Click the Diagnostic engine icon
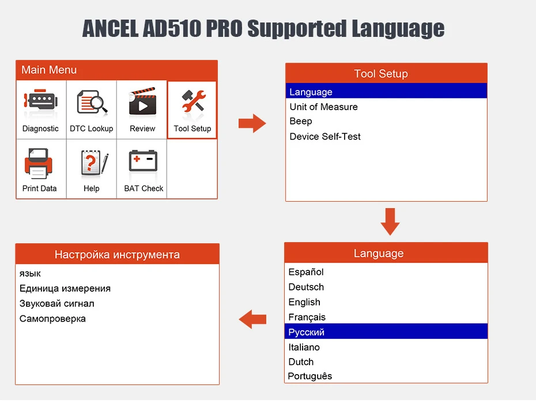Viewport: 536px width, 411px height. click(40, 103)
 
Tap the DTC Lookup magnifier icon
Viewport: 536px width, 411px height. click(92, 103)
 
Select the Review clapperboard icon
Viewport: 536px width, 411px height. click(142, 103)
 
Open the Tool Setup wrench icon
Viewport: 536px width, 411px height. click(192, 103)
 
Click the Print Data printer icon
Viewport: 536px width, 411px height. click(39, 164)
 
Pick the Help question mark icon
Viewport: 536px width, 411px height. click(92, 164)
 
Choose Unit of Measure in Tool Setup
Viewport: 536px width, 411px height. click(323, 107)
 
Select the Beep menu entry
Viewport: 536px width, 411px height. click(301, 121)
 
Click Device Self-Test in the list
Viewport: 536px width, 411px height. click(325, 137)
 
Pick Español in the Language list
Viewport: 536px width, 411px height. click(306, 272)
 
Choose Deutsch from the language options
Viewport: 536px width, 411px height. click(306, 287)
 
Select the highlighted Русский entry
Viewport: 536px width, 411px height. click(307, 332)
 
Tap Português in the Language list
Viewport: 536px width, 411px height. click(310, 376)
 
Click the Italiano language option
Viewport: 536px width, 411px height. click(304, 347)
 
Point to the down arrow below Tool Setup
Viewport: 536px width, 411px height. click(390, 221)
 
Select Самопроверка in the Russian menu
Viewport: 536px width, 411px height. click(52, 319)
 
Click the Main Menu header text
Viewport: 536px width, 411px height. click(49, 70)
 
